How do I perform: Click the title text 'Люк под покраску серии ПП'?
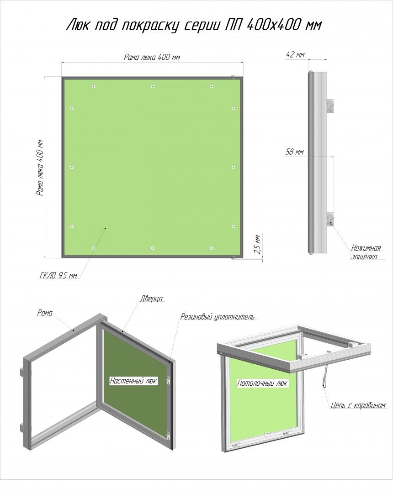pyautogui.click(x=154, y=25)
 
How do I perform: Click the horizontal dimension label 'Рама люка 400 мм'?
pyautogui.click(x=152, y=57)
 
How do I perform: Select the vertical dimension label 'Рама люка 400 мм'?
pyautogui.click(x=40, y=168)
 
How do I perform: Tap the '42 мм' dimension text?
pyautogui.click(x=295, y=55)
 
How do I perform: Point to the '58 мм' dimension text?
pyautogui.click(x=294, y=152)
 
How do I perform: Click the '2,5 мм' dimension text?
pyautogui.click(x=257, y=244)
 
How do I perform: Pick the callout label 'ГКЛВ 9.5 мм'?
pyautogui.click(x=58, y=275)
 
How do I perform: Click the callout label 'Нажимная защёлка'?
pyautogui.click(x=366, y=252)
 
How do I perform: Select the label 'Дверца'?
pyautogui.click(x=151, y=299)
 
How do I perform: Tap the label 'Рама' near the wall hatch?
pyautogui.click(x=45, y=313)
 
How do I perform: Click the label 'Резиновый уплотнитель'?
pyautogui.click(x=218, y=317)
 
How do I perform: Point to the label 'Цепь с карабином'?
pyautogui.click(x=358, y=406)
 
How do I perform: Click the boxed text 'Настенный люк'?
pyautogui.click(x=133, y=381)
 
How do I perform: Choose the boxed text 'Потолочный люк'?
pyautogui.click(x=262, y=383)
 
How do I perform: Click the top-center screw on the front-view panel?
pyautogui.click(x=153, y=86)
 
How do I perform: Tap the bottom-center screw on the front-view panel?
pyautogui.click(x=153, y=248)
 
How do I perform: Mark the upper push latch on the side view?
pyautogui.click(x=330, y=106)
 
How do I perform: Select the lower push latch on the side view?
pyautogui.click(x=330, y=220)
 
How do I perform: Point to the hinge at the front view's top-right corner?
pyautogui.click(x=234, y=76)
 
